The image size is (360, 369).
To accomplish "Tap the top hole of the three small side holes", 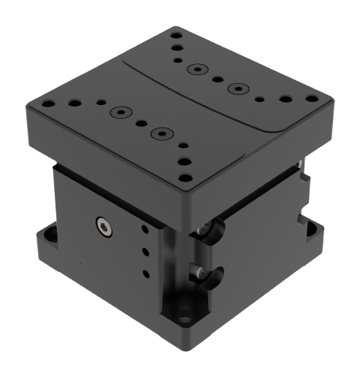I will coord(145,230).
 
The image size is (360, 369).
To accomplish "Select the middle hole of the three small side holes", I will coord(145,252).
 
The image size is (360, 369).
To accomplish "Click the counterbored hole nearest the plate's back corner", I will coord(195,69).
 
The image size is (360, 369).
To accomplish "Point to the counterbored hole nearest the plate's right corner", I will coord(235,88).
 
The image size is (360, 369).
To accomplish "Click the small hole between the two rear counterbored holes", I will coord(216,79).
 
